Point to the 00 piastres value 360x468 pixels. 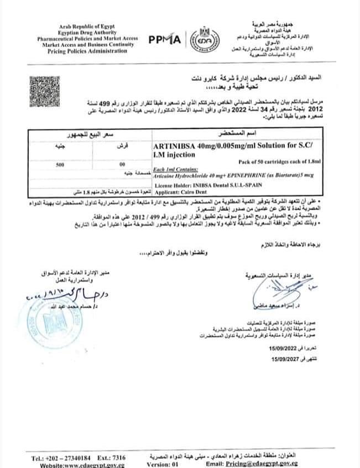click(122, 164)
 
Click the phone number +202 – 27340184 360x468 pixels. click(64, 457)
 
